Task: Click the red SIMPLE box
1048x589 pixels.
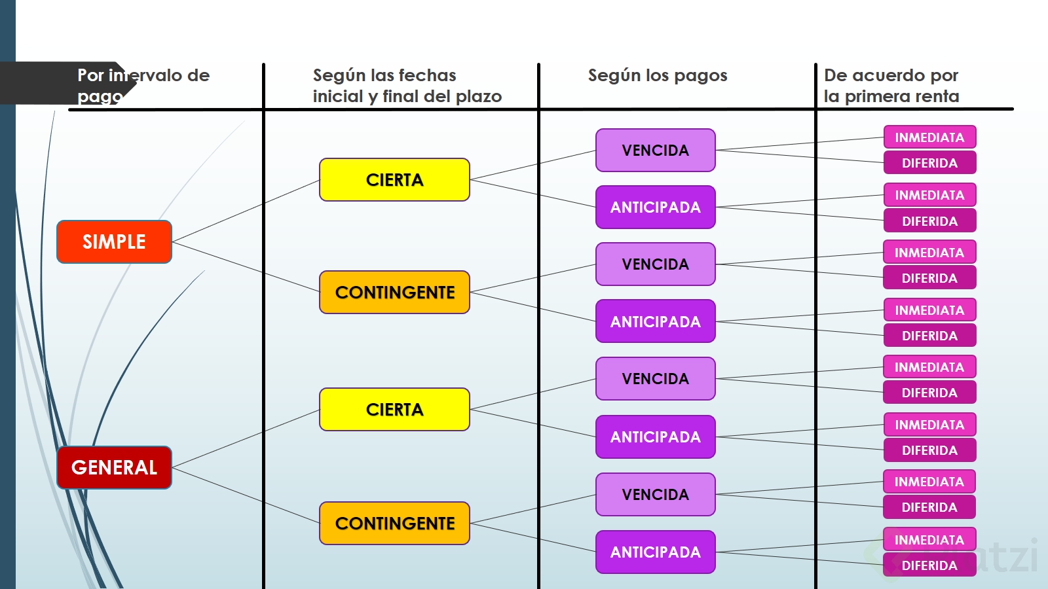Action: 114,241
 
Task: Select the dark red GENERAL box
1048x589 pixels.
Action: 114,467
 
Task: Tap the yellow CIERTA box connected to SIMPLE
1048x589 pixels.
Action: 394,179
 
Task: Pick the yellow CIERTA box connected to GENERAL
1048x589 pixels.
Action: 394,409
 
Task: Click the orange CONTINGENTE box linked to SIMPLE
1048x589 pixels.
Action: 394,292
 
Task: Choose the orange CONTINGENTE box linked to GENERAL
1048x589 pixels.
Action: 394,523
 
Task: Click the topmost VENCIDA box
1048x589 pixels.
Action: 655,150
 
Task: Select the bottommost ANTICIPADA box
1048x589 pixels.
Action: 655,552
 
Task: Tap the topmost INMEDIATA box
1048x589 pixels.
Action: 929,137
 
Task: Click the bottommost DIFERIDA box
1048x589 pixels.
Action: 929,565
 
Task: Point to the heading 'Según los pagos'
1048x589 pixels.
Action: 657,75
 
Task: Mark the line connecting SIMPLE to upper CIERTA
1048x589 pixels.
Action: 246,211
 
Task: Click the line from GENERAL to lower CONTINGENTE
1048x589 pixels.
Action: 246,495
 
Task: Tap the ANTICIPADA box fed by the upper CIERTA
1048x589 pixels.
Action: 655,207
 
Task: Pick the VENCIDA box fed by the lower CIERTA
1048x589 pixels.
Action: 655,378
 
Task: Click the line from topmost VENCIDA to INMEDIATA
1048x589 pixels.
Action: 799,144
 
